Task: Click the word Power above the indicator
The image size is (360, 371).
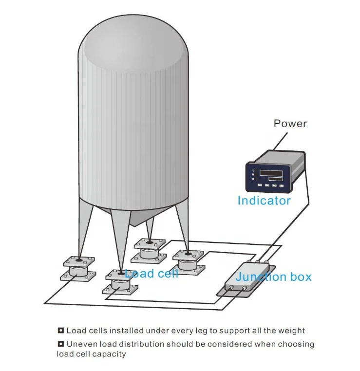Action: [x=290, y=124]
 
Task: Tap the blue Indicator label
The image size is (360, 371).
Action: [x=264, y=201]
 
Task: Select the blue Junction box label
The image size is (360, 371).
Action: [x=274, y=277]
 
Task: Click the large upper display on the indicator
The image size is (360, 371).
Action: [x=271, y=173]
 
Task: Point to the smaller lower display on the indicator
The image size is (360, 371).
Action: [x=275, y=179]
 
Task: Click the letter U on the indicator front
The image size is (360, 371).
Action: [x=253, y=170]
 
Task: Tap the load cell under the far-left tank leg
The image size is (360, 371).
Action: [x=78, y=269]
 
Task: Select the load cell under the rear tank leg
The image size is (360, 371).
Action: [x=149, y=251]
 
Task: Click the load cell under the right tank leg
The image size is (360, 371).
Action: [x=189, y=262]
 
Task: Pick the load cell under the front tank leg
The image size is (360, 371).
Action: [x=120, y=282]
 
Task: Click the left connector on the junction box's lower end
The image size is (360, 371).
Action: [x=230, y=287]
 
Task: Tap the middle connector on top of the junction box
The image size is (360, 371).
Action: [x=257, y=262]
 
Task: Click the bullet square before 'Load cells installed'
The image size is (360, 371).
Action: [x=60, y=330]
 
